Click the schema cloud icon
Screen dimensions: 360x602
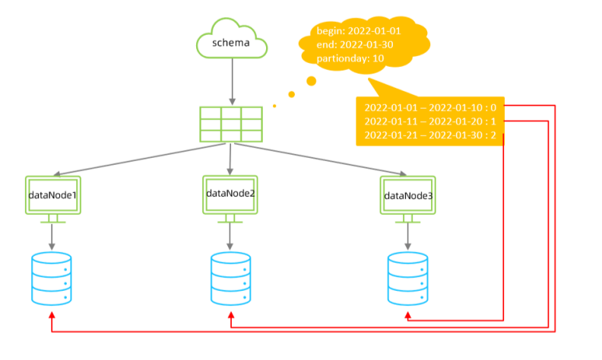[232, 42]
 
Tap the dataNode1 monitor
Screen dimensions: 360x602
[52, 196]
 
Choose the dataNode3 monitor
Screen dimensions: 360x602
[408, 195]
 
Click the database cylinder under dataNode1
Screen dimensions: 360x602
[52, 279]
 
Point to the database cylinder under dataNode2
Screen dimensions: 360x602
[230, 279]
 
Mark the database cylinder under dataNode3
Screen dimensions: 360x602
[407, 279]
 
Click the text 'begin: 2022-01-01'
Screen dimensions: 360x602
[359, 32]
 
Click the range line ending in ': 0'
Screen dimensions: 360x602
[431, 106]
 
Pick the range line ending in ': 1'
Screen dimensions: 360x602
[431, 121]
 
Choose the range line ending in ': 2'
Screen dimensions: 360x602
[431, 135]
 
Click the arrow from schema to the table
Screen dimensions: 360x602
[231, 84]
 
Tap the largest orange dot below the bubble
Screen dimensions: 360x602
[311, 81]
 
